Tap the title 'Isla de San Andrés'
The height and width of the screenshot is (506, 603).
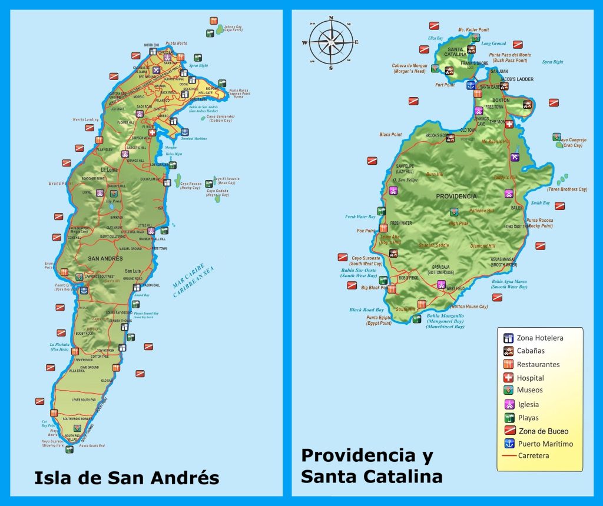click(x=127, y=477)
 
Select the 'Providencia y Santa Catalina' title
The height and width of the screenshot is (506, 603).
click(x=372, y=465)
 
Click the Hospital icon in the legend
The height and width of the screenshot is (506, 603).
click(x=508, y=378)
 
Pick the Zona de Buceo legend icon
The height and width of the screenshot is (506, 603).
click(x=508, y=431)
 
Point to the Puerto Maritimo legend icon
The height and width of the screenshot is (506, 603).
click(x=508, y=444)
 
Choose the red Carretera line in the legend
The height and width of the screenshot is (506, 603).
click(x=508, y=456)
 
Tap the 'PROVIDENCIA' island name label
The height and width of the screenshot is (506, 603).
click(x=456, y=196)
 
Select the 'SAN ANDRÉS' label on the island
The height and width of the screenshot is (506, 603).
click(x=105, y=258)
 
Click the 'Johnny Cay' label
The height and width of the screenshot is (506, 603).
click(x=233, y=27)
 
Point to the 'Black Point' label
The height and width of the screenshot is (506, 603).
click(x=390, y=135)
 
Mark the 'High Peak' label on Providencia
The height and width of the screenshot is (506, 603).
click(x=459, y=223)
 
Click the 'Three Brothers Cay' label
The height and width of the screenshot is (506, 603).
click(x=567, y=189)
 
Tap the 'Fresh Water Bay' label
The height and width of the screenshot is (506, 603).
click(x=360, y=217)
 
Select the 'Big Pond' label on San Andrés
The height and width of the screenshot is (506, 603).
click(x=113, y=201)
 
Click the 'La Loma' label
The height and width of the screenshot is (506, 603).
click(x=109, y=170)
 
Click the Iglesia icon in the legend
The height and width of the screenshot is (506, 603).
click(x=508, y=404)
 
